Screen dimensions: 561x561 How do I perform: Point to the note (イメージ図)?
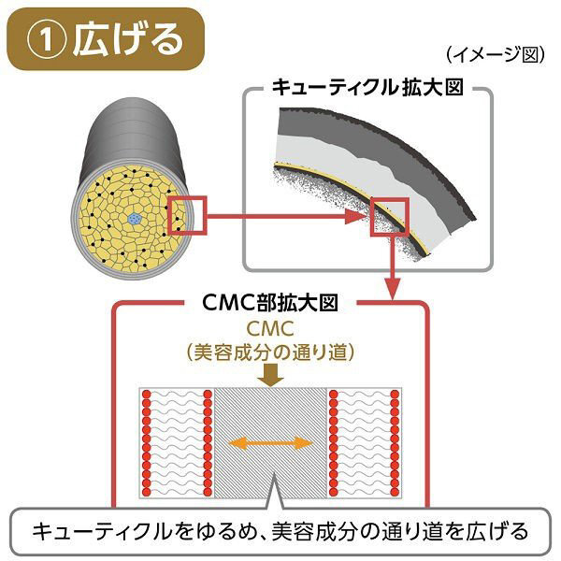pyautogui.click(x=496, y=54)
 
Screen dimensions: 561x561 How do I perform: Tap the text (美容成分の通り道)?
pyautogui.click(x=271, y=352)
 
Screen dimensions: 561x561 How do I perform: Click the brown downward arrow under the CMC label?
pyautogui.click(x=271, y=375)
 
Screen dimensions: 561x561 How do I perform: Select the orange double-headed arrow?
pyautogui.click(x=271, y=440)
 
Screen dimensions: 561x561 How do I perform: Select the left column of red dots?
pyautogui.click(x=147, y=442)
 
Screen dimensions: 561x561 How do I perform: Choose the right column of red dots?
pyautogui.click(x=395, y=442)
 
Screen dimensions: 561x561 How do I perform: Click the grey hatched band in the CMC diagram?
pyautogui.click(x=271, y=411)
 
